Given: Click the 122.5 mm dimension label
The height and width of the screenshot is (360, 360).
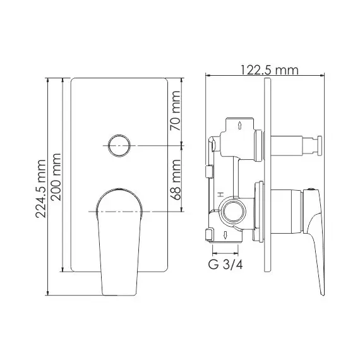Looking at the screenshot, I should (269, 69).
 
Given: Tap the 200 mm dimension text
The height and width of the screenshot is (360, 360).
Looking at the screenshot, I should (56, 177).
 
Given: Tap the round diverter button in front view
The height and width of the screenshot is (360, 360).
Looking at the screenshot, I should (119, 147).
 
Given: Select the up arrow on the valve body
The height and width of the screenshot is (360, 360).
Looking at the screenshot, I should (239, 126).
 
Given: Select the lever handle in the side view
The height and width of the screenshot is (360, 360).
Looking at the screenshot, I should (316, 240).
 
